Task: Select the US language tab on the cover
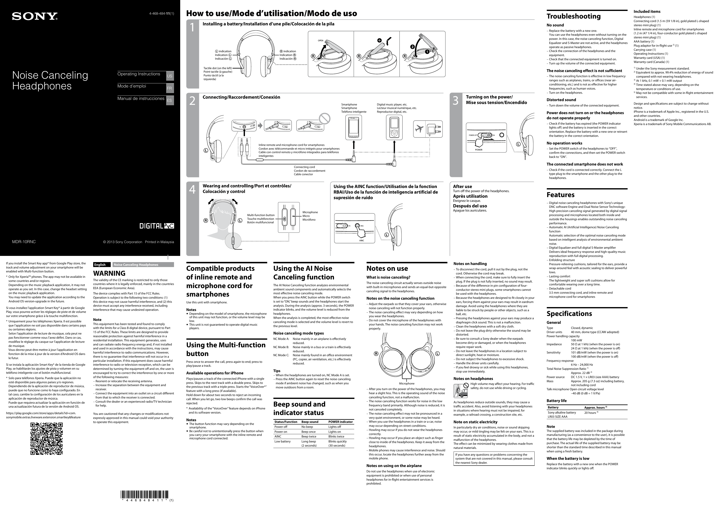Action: pos(170,76)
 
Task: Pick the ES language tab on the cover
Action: pos(170,101)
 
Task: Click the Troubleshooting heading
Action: pos(573,16)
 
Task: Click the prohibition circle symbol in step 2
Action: pos(325,119)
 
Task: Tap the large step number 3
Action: pos(455,101)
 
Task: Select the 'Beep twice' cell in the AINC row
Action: pos(309,437)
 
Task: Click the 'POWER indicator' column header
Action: pos(340,422)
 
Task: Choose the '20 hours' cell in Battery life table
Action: pos(591,413)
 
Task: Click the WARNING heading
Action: pos(109,273)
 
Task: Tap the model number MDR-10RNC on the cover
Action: pos(24,242)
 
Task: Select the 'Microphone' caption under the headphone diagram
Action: pos(407,383)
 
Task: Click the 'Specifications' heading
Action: pos(569,314)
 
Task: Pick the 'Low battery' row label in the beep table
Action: pos(282,441)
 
